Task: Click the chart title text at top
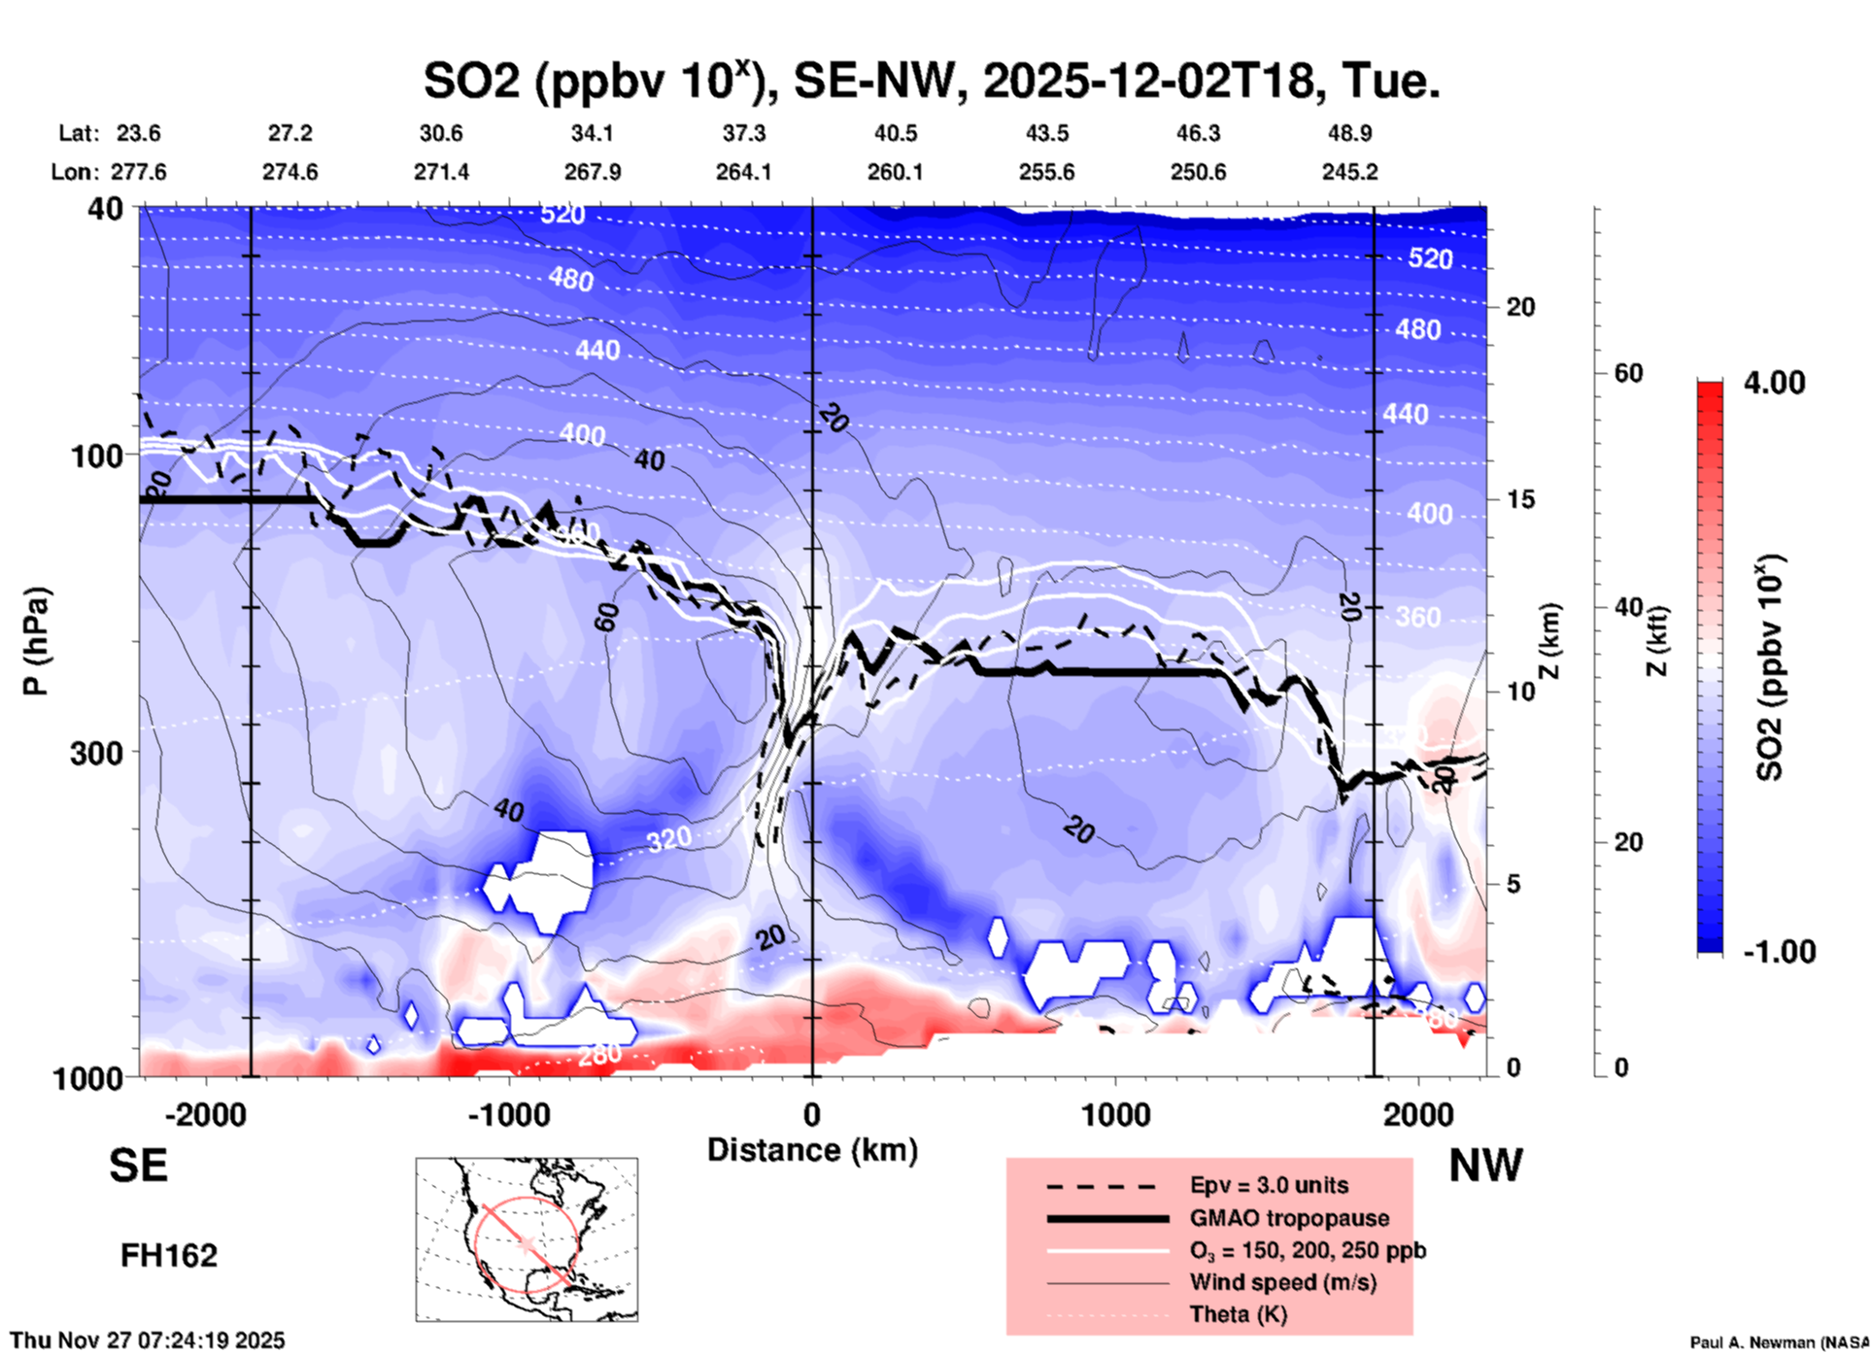(931, 80)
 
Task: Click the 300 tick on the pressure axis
(96, 753)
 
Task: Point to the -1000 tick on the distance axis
(508, 1114)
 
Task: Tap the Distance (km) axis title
(812, 1150)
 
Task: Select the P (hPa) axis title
(36, 641)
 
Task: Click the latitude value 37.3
(743, 133)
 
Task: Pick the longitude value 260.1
(895, 172)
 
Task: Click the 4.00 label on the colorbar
(1774, 383)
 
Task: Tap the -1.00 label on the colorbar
(1779, 951)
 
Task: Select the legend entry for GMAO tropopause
(1289, 1218)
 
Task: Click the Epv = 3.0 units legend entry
(1269, 1185)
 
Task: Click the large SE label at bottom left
(138, 1166)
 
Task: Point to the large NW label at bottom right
(1485, 1166)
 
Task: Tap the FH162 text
(168, 1256)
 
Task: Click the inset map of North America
(527, 1239)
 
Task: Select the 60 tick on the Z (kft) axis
(1627, 373)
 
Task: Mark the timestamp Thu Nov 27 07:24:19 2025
(148, 1340)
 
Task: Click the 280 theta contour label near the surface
(599, 1055)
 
